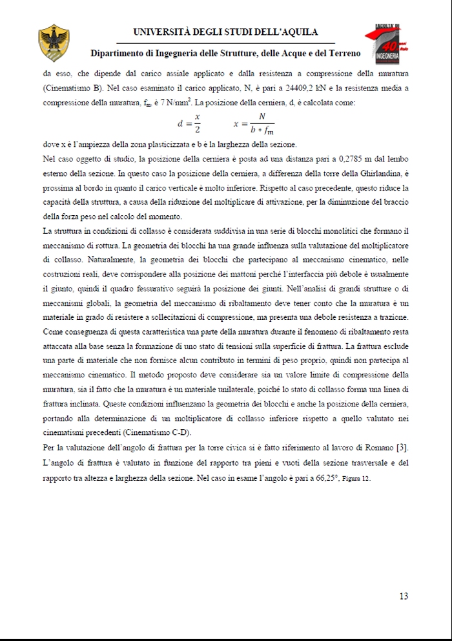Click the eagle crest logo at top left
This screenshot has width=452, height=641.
(50, 43)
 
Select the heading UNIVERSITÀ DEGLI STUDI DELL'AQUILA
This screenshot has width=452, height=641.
(225, 32)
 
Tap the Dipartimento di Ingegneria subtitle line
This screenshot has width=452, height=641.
(225, 53)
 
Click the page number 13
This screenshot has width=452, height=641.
(404, 596)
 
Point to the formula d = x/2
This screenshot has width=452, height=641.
(189, 122)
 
